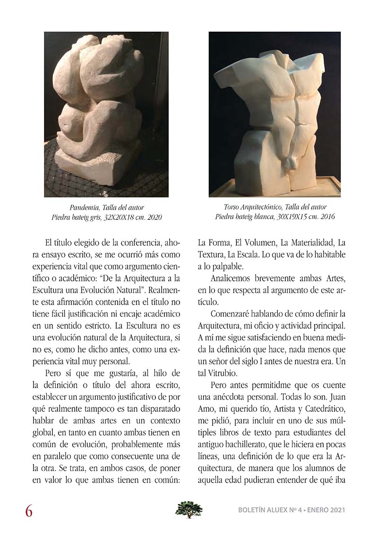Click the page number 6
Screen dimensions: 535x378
(29, 511)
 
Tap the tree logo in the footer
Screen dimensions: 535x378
(189, 510)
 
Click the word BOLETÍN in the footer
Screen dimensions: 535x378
(256, 510)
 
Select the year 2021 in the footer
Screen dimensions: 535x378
(335, 510)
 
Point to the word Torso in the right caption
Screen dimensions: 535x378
(233, 207)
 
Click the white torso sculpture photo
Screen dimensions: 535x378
(275, 114)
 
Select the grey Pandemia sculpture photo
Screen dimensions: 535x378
(106, 114)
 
